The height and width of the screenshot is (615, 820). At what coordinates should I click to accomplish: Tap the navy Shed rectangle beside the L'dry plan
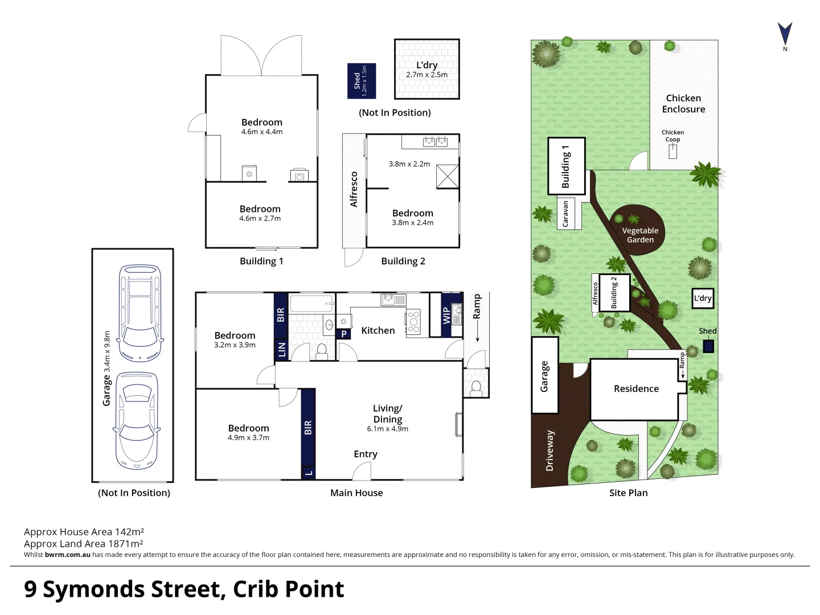click(x=362, y=81)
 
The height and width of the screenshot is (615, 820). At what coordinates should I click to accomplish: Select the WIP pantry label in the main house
click(x=446, y=314)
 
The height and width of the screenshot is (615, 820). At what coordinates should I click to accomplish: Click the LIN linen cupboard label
click(x=281, y=349)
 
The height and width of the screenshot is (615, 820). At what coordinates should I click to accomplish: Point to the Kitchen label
click(x=378, y=330)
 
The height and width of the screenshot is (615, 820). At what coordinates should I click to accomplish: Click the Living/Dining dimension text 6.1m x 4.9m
click(x=387, y=429)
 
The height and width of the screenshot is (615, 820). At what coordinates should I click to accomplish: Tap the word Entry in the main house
click(x=365, y=454)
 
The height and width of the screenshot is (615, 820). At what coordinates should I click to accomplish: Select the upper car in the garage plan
click(x=140, y=313)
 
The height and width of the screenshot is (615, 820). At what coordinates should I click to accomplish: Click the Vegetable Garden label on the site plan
click(x=640, y=235)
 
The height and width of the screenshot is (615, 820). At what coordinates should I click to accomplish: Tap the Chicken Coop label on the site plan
click(x=673, y=136)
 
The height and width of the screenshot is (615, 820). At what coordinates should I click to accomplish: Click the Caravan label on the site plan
click(x=565, y=214)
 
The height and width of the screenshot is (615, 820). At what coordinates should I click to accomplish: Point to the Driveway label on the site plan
click(x=550, y=450)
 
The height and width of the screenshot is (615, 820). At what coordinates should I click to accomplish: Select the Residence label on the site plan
click(x=636, y=388)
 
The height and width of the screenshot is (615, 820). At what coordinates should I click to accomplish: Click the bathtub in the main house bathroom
click(x=311, y=303)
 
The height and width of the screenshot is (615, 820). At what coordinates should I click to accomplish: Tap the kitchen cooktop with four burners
click(x=413, y=321)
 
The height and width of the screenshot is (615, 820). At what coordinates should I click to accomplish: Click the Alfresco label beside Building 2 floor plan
click(x=354, y=190)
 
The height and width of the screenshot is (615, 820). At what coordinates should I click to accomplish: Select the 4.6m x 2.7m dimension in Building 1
click(x=260, y=218)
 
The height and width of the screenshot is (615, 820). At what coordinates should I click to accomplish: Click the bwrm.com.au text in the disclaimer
click(x=67, y=555)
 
